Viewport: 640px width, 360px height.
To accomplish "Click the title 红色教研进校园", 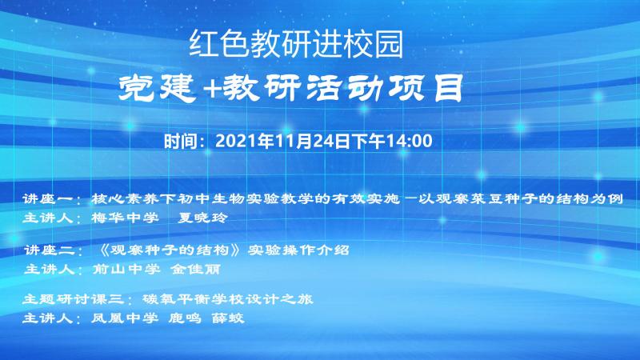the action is (296, 44).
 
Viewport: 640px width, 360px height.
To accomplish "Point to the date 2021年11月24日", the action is (282, 142).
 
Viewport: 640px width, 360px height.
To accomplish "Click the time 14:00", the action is (409, 142).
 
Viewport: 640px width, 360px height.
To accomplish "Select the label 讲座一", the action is (48, 198).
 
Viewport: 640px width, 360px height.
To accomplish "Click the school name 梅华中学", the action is (125, 218).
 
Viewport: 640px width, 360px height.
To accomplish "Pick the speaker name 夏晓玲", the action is (202, 218).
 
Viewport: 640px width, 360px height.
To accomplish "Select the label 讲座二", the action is (50, 250).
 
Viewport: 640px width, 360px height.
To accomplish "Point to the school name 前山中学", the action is (126, 269).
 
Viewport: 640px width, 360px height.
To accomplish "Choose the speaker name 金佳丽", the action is (195, 269).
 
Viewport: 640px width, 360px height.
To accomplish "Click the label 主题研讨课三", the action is (73, 299).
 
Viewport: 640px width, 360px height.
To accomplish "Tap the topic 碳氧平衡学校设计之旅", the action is (228, 299).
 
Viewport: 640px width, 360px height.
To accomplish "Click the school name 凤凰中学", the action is (125, 318).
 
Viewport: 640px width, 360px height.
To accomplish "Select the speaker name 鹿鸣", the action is (185, 318).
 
